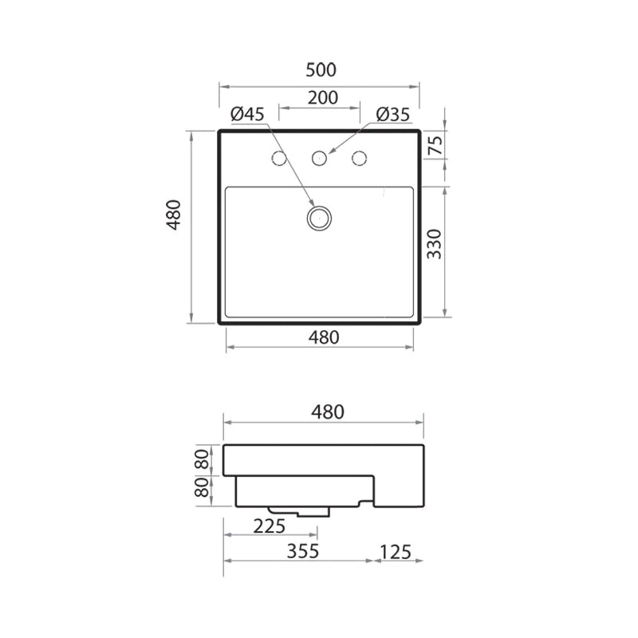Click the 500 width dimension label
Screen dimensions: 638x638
tap(320, 70)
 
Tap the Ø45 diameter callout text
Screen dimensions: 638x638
tap(247, 115)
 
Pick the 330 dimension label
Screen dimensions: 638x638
tap(435, 245)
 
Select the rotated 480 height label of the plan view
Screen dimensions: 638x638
tap(175, 215)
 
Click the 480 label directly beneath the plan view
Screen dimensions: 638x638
tap(320, 337)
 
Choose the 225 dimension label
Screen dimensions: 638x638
tap(270, 526)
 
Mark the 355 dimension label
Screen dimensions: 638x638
tap(302, 551)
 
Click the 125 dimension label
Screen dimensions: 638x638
tap(396, 551)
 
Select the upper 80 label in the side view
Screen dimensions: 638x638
tap(203, 459)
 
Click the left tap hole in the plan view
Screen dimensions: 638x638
tap(280, 158)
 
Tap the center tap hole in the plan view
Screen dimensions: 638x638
tap(320, 158)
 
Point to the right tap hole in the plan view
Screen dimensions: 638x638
tap(360, 158)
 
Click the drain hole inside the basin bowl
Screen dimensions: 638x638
tap(320, 217)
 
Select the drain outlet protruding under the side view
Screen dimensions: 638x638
tap(299, 510)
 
